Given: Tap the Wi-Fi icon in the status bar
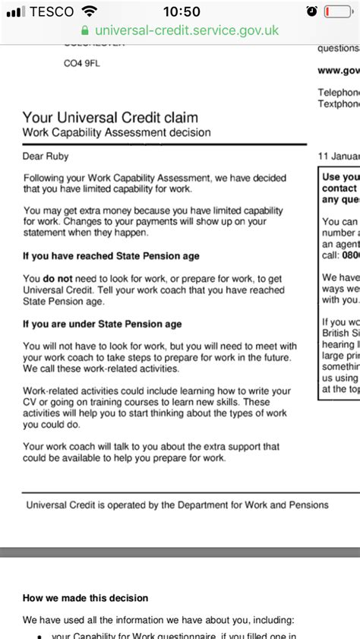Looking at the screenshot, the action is (90, 11).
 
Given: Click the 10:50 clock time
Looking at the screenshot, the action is (182, 11).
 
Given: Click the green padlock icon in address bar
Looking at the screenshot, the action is (84, 31).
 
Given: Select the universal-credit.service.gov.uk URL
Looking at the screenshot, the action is (186, 31).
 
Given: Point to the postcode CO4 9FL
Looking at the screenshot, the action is (81, 64).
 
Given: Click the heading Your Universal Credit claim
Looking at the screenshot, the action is (110, 117).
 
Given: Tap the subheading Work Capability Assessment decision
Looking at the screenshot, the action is (117, 133).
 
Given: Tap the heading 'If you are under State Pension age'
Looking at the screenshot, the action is (103, 324).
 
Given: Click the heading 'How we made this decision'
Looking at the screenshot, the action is (86, 598).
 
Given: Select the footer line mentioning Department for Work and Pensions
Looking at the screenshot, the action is (177, 505).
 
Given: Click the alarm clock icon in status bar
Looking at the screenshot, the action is (311, 11).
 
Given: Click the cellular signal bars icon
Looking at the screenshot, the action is (14, 11).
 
